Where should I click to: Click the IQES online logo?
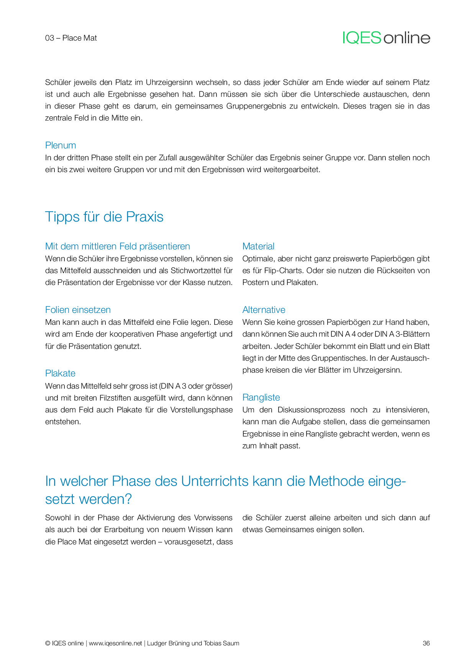tap(386, 37)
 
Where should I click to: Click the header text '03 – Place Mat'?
tap(71, 38)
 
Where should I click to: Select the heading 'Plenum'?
tap(61, 145)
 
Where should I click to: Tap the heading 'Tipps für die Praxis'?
tap(104, 217)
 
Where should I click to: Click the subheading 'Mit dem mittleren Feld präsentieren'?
tap(118, 246)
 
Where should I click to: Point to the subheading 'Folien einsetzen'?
tap(78, 310)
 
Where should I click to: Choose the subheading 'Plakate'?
tap(60, 373)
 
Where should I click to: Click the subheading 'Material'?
tap(258, 246)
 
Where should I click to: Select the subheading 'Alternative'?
tap(264, 310)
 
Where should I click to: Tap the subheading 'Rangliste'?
tap(261, 397)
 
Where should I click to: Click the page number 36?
tap(426, 643)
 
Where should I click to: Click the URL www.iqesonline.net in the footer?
tap(115, 643)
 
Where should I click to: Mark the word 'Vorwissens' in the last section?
tap(213, 518)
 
